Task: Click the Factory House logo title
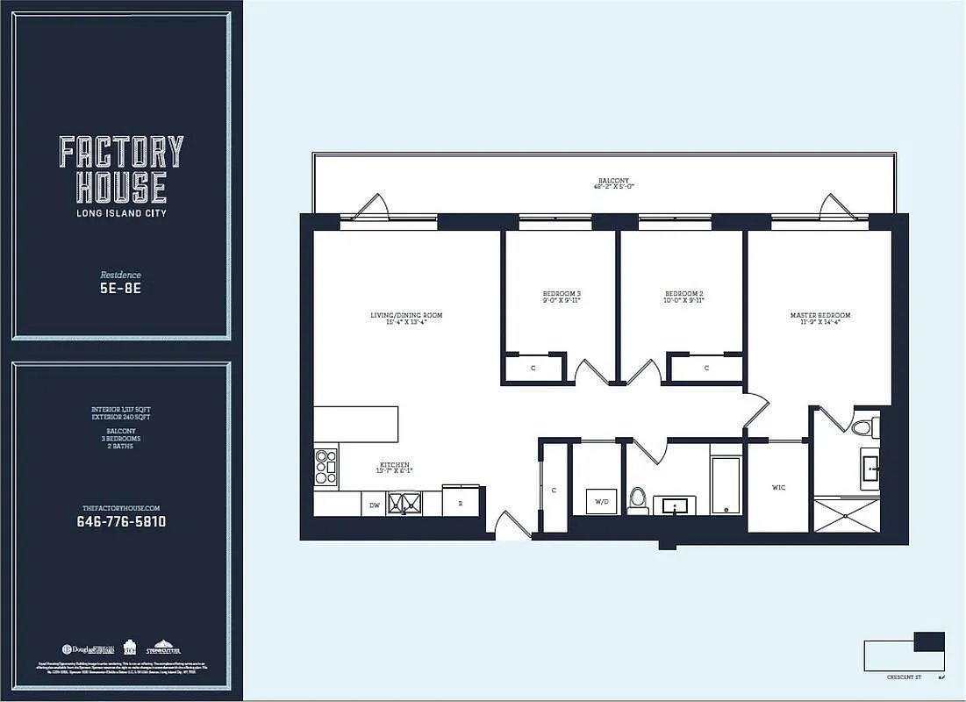point(121,169)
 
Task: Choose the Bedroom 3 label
point(562,296)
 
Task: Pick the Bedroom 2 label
point(684,296)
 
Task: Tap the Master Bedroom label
point(820,318)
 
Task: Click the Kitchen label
point(394,468)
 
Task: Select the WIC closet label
point(778,487)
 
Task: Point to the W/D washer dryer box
point(602,502)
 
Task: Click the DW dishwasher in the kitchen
point(374,505)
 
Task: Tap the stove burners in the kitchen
point(326,466)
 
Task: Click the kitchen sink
point(404,504)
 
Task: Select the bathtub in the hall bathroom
point(726,484)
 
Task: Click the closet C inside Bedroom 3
point(533,368)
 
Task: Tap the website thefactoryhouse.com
point(121,508)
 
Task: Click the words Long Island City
point(121,213)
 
